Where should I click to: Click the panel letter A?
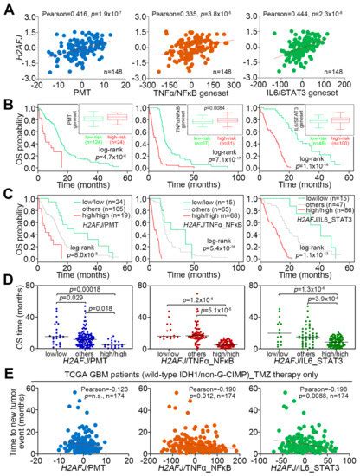[7, 8]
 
